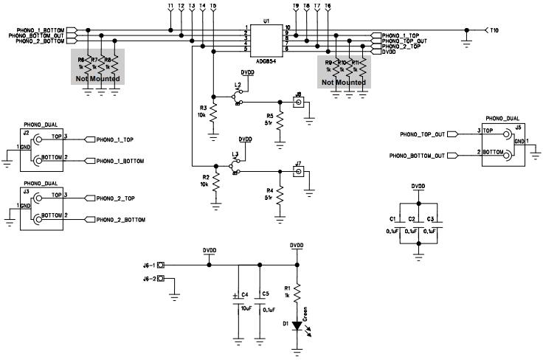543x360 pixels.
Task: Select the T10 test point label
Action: [494, 30]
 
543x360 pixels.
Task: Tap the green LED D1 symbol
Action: [297, 325]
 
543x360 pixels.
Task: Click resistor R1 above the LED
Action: [297, 294]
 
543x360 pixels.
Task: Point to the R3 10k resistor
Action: [213, 114]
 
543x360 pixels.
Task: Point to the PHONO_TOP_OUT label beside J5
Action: [422, 134]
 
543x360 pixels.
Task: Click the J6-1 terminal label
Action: [149, 266]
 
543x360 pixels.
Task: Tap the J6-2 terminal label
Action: [149, 279]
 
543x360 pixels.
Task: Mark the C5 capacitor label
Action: [265, 294]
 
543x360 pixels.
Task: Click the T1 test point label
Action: [170, 6]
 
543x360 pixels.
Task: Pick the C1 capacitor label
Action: [392, 220]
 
